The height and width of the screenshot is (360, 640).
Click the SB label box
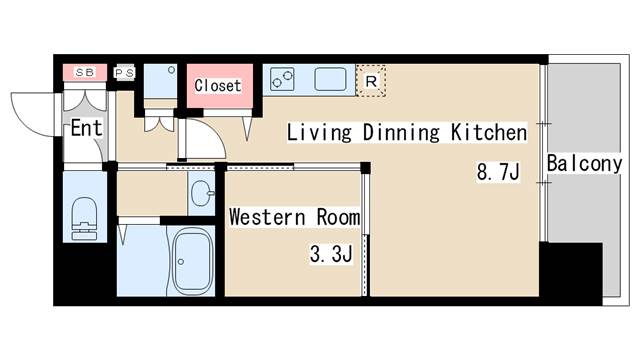point(85,73)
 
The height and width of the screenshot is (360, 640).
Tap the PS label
point(124,73)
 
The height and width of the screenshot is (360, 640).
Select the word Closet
point(218,86)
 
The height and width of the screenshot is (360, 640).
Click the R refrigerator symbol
point(371,81)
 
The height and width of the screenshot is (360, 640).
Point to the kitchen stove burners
point(282,79)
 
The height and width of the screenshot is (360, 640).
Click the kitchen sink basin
point(330,79)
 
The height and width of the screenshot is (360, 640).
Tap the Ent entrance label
point(86,128)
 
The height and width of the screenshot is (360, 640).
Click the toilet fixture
point(84,219)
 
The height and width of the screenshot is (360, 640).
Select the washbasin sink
point(202,193)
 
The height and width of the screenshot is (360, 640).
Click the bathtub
point(193,262)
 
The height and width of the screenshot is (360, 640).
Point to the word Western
point(267,217)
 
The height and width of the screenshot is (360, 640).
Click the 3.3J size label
point(331,254)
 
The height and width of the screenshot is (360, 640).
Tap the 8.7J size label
point(498,171)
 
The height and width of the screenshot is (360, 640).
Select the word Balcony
point(584,164)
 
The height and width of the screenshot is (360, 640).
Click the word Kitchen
point(489,132)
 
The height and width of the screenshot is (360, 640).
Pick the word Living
point(319,133)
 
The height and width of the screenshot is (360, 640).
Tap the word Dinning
point(401,132)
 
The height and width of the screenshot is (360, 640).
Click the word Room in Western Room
point(338,217)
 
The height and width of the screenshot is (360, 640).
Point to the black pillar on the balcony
point(571,273)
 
